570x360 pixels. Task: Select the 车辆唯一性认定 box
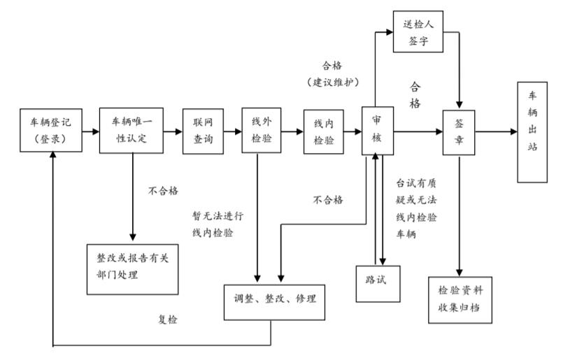click(x=131, y=130)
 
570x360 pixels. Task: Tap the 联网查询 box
click(x=202, y=130)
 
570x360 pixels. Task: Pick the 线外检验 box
click(x=261, y=131)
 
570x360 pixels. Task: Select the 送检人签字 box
click(x=419, y=31)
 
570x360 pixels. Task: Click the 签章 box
click(x=459, y=131)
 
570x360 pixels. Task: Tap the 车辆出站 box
click(x=532, y=132)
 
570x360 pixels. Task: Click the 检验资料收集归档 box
click(x=459, y=300)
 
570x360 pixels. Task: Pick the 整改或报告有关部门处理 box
click(x=132, y=265)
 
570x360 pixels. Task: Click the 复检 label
click(x=168, y=319)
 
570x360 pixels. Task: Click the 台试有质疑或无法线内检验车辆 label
click(x=417, y=208)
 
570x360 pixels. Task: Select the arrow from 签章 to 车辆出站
click(x=497, y=131)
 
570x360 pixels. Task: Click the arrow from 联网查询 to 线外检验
click(x=231, y=131)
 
